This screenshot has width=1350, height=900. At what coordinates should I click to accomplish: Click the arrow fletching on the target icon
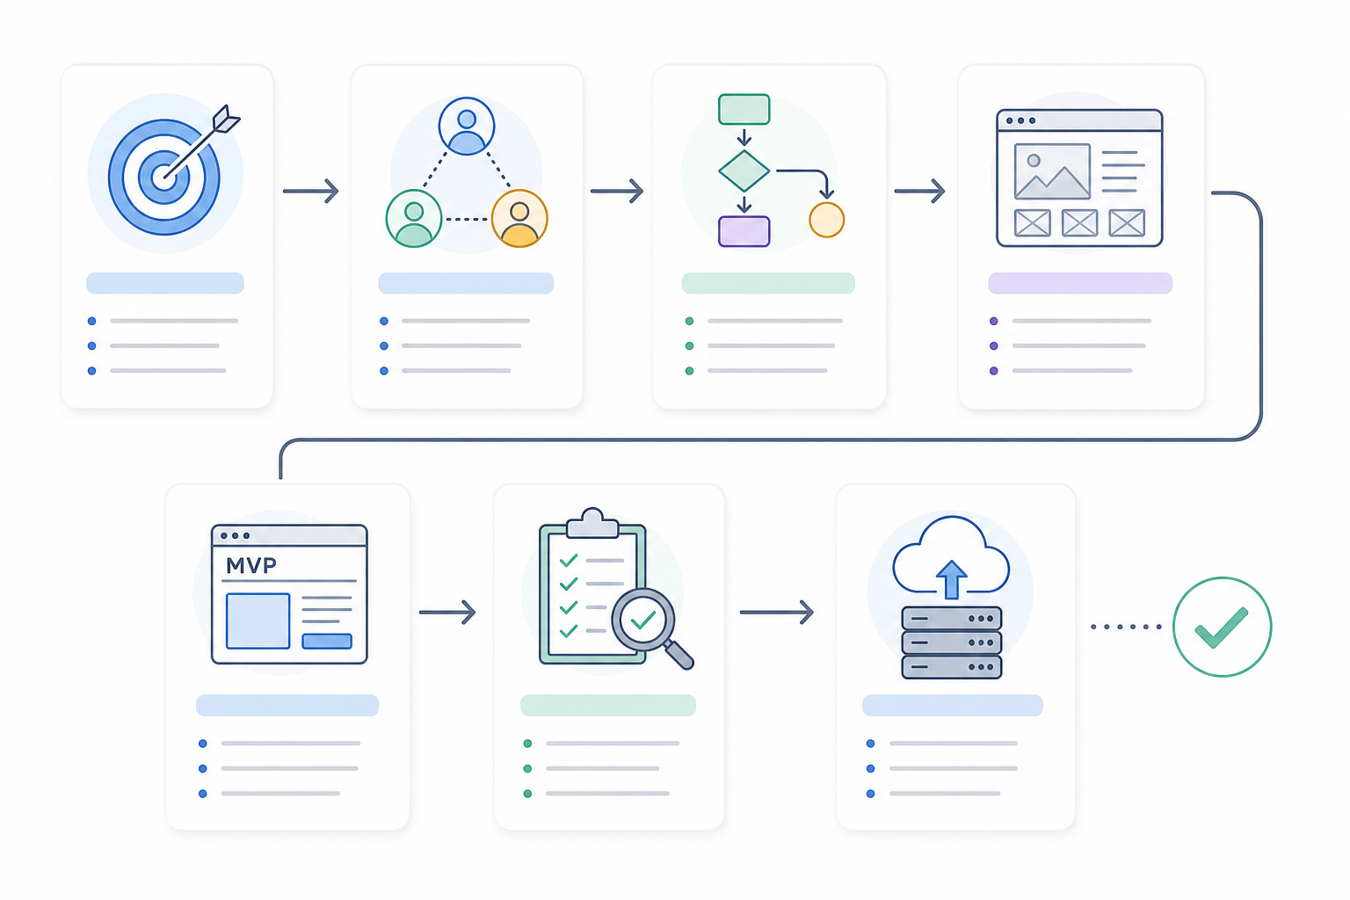coord(226,119)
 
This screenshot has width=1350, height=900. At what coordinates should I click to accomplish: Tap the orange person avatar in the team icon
coord(519,219)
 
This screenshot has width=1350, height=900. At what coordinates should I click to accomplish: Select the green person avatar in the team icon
coord(414,219)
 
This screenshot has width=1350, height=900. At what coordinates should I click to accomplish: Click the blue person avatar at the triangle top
coord(467,127)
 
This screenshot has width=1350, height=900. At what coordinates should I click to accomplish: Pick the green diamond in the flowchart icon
coord(744,171)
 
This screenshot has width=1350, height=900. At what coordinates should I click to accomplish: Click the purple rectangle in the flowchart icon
coord(744,231)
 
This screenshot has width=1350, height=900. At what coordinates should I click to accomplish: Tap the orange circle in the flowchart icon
coord(826,220)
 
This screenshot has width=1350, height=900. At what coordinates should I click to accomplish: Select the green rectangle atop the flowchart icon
coord(744,109)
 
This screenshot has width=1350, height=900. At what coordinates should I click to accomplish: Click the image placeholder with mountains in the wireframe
coord(1052,171)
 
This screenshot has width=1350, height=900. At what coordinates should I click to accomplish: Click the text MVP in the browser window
coord(250,565)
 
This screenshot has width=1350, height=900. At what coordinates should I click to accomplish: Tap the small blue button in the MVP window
coord(327,641)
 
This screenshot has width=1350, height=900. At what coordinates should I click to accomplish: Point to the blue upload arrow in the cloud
coord(951,579)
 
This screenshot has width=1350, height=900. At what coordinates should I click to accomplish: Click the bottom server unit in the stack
coord(952,667)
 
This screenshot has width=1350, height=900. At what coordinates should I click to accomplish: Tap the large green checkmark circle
coord(1223,627)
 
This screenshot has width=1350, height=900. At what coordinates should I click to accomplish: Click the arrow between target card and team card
coord(310,191)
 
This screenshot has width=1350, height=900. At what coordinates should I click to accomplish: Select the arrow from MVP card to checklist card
coord(447,613)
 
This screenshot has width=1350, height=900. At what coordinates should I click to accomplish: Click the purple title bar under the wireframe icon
coord(1080,283)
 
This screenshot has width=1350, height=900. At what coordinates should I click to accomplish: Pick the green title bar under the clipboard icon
coord(608,705)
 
